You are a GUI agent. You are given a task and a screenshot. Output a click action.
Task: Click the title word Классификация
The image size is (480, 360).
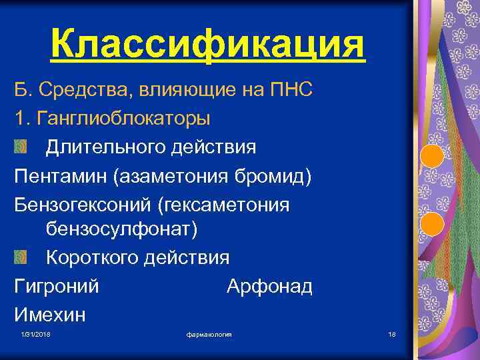coord(208,45)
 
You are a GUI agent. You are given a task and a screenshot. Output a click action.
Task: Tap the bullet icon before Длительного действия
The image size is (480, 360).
coord(21,146)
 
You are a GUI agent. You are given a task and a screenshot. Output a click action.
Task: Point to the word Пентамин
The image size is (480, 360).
coord(61,175)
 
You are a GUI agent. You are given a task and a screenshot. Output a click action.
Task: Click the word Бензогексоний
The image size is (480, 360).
coord(80,203)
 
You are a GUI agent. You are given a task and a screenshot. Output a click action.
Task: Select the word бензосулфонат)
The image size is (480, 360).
coord(122,230)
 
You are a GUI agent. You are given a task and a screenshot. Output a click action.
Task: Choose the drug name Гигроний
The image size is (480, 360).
coord(57,287)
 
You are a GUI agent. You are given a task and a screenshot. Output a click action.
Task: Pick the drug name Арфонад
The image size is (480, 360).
coord(269,287)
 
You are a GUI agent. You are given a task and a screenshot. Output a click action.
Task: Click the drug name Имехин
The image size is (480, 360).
coord(50,314)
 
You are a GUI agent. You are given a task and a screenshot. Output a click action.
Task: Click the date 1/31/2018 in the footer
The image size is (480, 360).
coord(35,333)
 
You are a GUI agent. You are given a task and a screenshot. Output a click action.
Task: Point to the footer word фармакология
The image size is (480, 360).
coord(209,333)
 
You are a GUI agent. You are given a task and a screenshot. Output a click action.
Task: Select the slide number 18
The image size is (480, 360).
coord(391,333)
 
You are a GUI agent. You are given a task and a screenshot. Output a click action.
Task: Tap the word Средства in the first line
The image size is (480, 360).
coord(84,90)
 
